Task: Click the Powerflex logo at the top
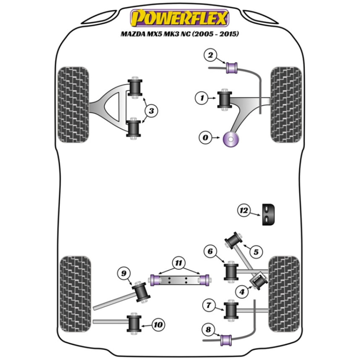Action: [x=180, y=18]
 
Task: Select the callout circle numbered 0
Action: [x=206, y=137]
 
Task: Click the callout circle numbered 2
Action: [x=211, y=55]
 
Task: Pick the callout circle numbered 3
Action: [x=151, y=111]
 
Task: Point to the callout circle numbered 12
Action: [x=243, y=210]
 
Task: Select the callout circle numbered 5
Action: [x=256, y=252]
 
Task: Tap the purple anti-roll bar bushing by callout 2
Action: [x=232, y=67]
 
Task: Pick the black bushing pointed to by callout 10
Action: [x=135, y=324]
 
